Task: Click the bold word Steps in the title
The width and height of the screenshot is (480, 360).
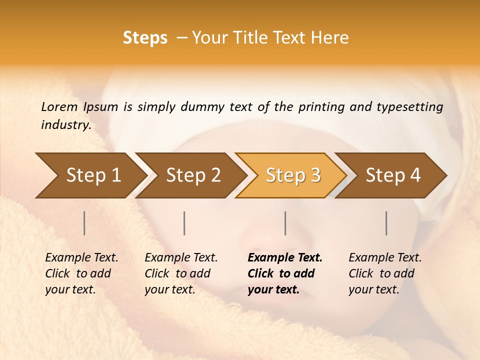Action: click(x=145, y=38)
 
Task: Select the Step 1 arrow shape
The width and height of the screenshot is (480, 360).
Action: click(x=90, y=175)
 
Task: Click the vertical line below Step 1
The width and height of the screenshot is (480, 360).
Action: click(x=84, y=223)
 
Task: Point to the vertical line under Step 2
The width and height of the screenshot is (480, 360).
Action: click(x=184, y=223)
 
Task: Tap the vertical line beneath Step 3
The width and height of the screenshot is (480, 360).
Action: click(x=285, y=223)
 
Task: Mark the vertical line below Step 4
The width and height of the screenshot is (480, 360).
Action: click(x=386, y=223)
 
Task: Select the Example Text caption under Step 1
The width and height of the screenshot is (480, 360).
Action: click(x=81, y=273)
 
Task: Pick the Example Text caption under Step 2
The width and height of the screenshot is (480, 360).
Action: click(x=181, y=273)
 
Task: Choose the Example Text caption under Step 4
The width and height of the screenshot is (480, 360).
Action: click(x=385, y=273)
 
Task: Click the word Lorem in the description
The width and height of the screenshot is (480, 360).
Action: click(x=59, y=107)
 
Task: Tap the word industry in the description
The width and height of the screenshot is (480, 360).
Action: click(x=65, y=125)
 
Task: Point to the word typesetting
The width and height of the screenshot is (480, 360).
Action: click(x=409, y=107)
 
